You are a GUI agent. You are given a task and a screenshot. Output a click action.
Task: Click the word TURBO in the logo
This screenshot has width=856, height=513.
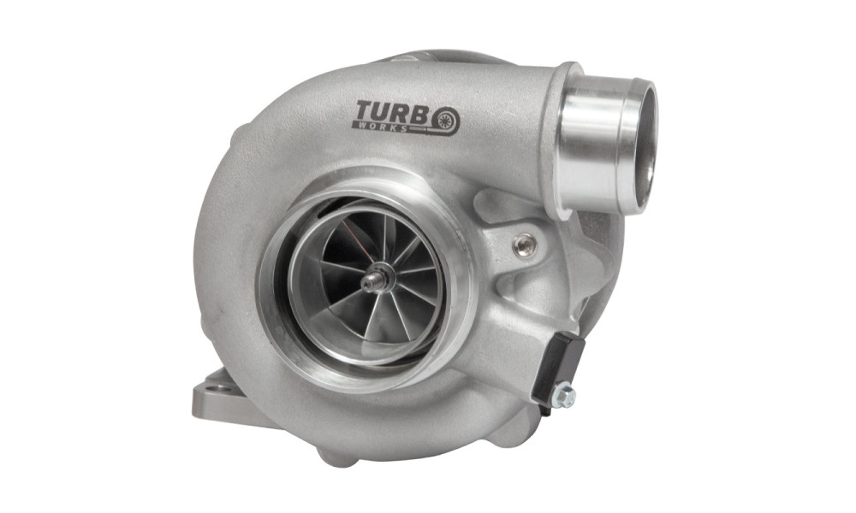tap(407, 115)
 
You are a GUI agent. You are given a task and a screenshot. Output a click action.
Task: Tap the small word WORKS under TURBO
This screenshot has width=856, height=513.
tap(382, 127)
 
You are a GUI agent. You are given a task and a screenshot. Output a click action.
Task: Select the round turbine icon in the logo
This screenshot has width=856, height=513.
tap(445, 121)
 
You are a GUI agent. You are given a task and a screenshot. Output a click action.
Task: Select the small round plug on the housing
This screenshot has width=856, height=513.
tap(525, 245)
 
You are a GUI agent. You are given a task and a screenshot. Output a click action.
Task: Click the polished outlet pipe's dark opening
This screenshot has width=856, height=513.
tap(645, 147)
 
